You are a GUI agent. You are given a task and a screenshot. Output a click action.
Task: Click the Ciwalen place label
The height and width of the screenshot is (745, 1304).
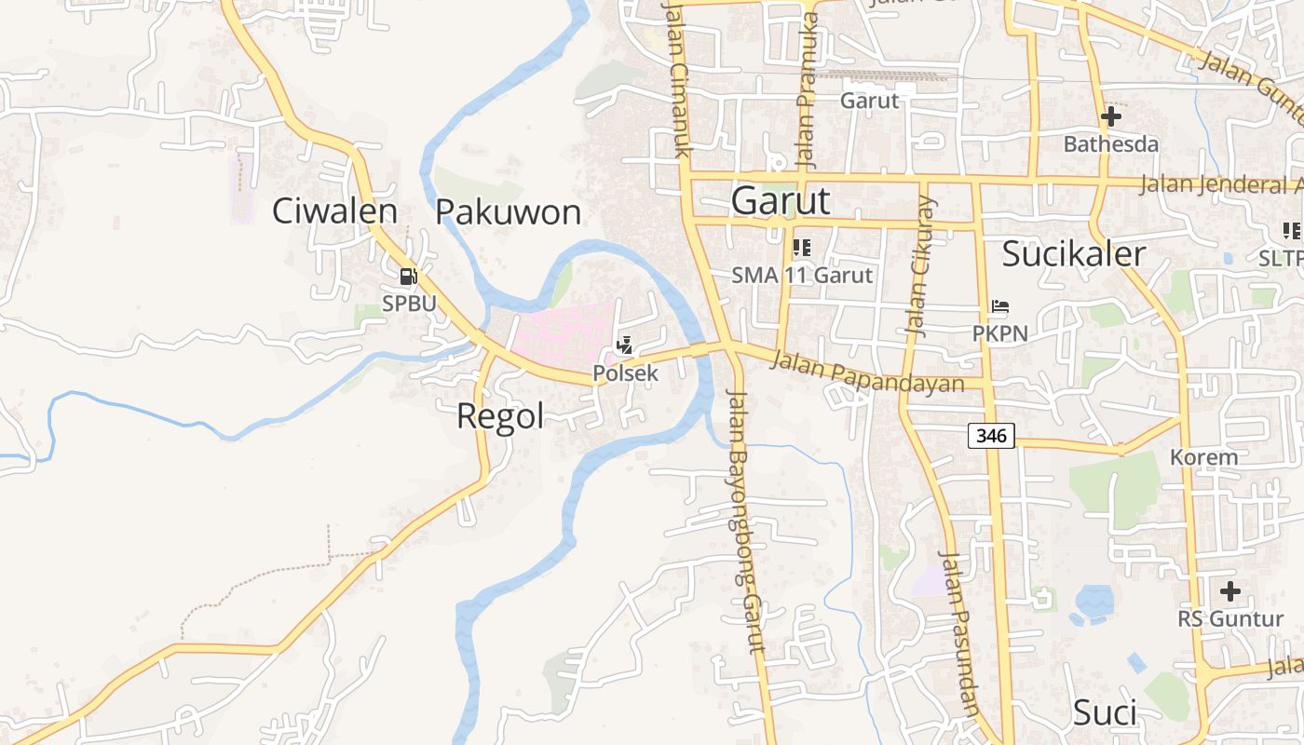pyautogui.click(x=334, y=211)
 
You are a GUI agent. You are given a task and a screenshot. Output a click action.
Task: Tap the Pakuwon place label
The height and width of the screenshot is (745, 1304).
pyautogui.click(x=509, y=212)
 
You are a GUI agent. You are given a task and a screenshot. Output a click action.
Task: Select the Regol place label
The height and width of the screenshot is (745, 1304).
pyautogui.click(x=500, y=416)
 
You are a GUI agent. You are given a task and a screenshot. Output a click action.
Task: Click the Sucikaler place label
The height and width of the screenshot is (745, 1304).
pyautogui.click(x=1074, y=253)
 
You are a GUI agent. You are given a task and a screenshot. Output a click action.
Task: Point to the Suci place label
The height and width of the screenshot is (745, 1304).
pyautogui.click(x=1105, y=713)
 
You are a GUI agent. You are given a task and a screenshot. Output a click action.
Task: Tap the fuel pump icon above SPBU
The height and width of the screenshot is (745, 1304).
pyautogui.click(x=408, y=277)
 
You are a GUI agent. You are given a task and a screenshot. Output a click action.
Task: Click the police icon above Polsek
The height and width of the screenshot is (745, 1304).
pyautogui.click(x=625, y=345)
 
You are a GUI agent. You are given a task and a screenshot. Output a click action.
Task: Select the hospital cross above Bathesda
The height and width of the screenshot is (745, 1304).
pyautogui.click(x=1110, y=117)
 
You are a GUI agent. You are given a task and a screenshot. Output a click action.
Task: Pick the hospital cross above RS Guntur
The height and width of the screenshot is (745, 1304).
pyautogui.click(x=1230, y=591)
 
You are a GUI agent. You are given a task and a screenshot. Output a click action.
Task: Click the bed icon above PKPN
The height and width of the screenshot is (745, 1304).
pyautogui.click(x=999, y=305)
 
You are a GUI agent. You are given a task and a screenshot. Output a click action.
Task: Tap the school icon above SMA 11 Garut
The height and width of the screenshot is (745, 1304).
pyautogui.click(x=801, y=248)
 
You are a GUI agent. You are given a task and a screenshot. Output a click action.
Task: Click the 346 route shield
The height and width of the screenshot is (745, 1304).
pyautogui.click(x=990, y=435)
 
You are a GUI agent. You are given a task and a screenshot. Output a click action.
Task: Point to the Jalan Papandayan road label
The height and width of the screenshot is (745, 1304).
pyautogui.click(x=867, y=372)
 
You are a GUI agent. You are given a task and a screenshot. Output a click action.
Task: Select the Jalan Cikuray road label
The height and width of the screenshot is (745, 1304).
pyautogui.click(x=919, y=266)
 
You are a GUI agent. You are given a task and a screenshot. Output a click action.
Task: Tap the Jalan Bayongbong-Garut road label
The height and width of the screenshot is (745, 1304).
pyautogui.click(x=744, y=521)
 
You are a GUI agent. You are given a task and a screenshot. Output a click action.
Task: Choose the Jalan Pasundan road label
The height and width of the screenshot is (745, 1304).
pyautogui.click(x=958, y=634)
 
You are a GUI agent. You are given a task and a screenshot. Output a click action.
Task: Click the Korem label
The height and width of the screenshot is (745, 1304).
pyautogui.click(x=1203, y=457)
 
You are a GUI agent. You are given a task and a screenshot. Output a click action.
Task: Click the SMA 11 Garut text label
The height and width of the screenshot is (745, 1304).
pyautogui.click(x=802, y=275)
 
